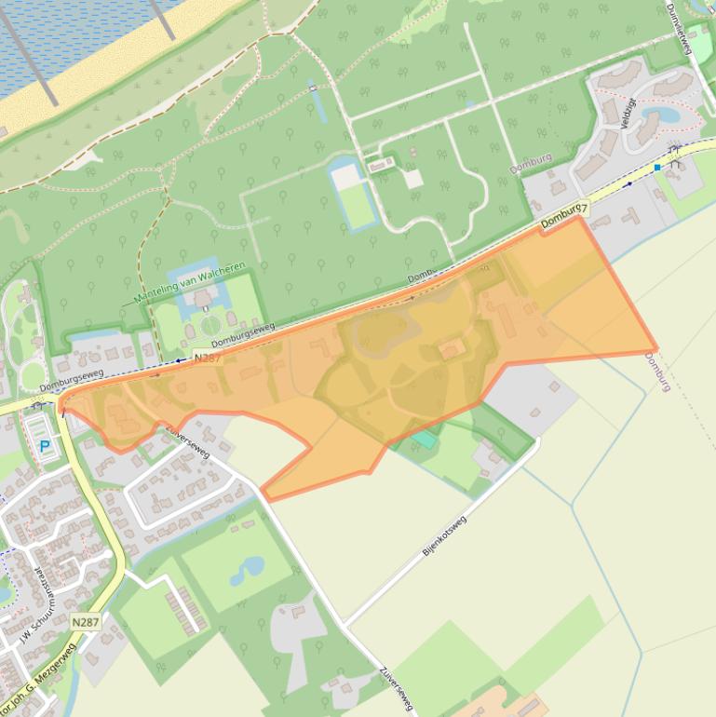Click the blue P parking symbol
coord(45,447)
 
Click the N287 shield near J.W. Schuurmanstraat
coord(85,622)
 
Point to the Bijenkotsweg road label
coord(444,535)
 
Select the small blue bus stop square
coord(657,168)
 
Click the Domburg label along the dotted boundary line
coord(656,371)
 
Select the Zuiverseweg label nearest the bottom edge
coord(396,690)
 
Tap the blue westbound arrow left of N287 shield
coord(179,360)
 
